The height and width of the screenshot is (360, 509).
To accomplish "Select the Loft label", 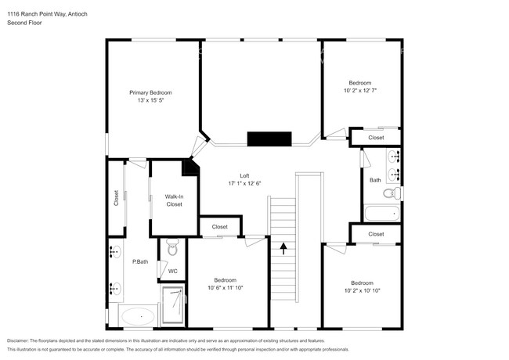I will [244, 175].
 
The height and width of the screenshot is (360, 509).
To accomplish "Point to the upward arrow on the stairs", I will [283, 249].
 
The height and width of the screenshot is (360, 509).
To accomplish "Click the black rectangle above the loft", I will [269, 139].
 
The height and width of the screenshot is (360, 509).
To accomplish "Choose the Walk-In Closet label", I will [174, 200].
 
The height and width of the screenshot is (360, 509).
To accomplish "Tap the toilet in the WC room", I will [172, 248].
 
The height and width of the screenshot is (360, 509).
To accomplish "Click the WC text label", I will [172, 271].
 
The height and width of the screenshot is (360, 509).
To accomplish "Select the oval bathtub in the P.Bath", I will [137, 318].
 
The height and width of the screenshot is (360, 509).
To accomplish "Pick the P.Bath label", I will [140, 261].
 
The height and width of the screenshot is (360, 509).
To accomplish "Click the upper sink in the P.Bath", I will [115, 252].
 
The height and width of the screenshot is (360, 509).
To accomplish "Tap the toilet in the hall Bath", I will [396, 193].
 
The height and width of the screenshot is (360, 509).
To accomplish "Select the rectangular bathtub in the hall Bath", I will [382, 213].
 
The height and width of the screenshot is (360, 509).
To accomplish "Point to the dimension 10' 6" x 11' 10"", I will [226, 288].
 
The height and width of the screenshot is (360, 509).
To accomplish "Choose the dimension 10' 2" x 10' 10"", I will [362, 291].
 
